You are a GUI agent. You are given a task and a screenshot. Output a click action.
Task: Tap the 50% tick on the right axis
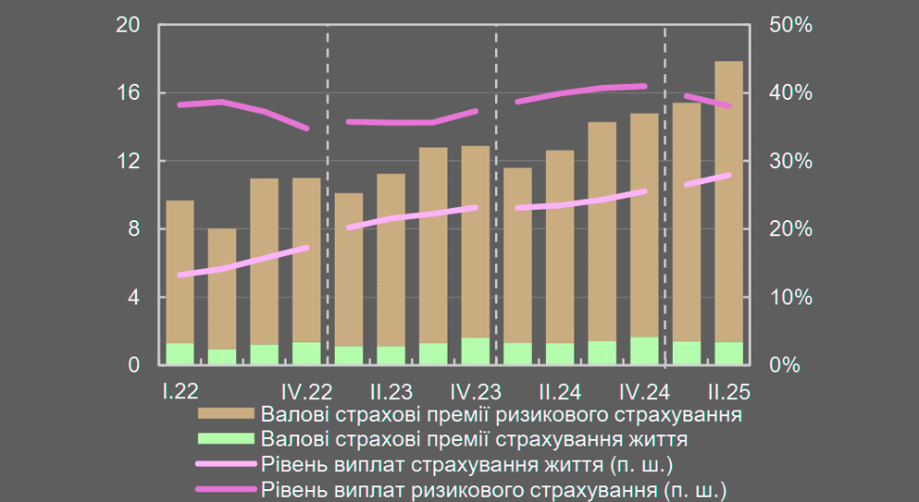[790, 25]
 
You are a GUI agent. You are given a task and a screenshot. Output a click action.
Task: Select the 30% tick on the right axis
[790, 161]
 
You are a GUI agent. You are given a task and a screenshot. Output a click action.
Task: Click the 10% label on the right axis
[790, 297]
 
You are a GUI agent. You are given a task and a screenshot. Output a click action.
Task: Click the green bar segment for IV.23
[476, 351]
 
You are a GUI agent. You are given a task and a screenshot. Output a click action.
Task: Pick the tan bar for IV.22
[306, 260]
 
